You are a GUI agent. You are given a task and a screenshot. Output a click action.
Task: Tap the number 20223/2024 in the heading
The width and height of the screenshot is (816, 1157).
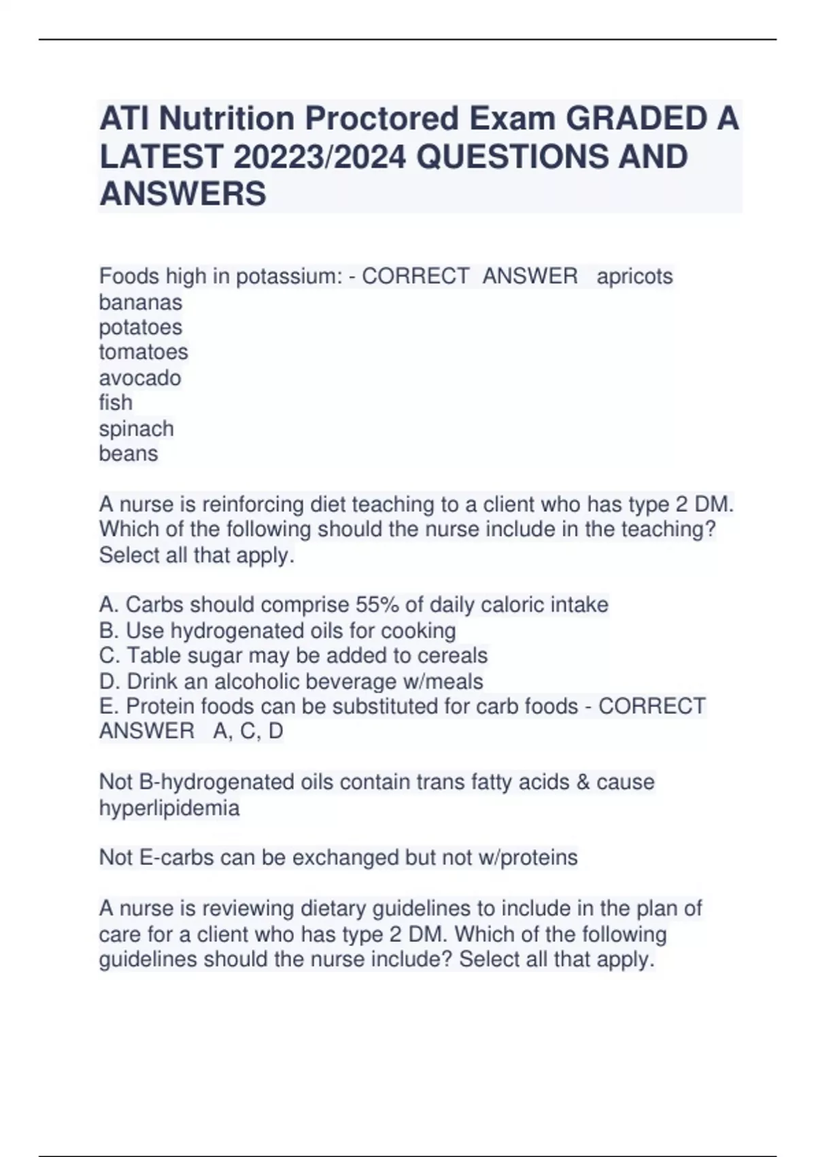coord(320,157)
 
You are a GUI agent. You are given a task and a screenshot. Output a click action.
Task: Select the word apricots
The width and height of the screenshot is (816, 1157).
coord(634,276)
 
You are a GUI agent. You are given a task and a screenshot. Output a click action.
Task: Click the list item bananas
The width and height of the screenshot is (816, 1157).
coord(141,302)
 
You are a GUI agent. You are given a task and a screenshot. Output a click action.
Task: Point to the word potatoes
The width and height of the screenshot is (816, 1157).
coord(141,327)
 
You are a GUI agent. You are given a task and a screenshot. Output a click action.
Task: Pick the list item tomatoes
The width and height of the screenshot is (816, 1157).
coord(143,352)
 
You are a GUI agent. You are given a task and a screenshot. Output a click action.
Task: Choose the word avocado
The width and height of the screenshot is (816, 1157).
coord(140,378)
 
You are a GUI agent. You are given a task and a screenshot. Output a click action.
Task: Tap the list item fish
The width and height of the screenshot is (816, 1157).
coord(116,402)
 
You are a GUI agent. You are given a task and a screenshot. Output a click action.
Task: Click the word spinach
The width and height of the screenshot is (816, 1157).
coord(137,429)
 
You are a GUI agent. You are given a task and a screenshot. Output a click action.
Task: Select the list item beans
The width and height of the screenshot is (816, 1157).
coord(129,453)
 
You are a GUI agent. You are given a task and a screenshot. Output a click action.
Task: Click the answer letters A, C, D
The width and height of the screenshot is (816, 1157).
coord(248,731)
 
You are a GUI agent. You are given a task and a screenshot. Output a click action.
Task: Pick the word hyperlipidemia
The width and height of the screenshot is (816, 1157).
coord(169,808)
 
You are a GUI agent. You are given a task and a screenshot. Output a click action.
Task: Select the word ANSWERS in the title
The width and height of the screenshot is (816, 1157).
coord(183,194)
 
